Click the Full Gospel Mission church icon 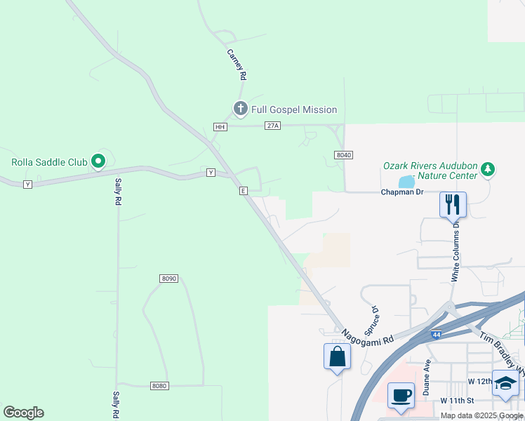click(x=240, y=109)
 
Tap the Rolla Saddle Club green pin click(x=98, y=162)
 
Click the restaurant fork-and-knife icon click(x=453, y=204)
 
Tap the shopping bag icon click(x=337, y=356)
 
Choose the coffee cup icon click(x=401, y=394)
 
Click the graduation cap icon click(x=506, y=383)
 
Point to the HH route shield click(x=220, y=127)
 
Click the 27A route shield click(x=273, y=126)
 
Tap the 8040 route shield click(x=343, y=155)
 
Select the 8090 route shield click(x=168, y=279)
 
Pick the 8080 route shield click(x=159, y=386)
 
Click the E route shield click(x=243, y=191)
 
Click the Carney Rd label click(x=236, y=63)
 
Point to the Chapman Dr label click(x=401, y=192)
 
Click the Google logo click(x=23, y=413)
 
